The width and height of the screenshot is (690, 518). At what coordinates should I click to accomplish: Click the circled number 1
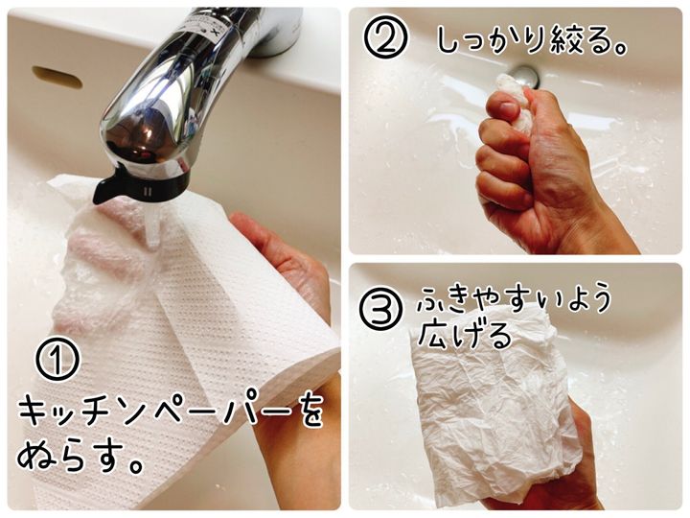[x=57, y=359]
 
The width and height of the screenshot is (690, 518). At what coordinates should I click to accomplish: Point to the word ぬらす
[x=70, y=457]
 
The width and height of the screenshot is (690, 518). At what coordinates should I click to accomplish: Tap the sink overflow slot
[x=57, y=77]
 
